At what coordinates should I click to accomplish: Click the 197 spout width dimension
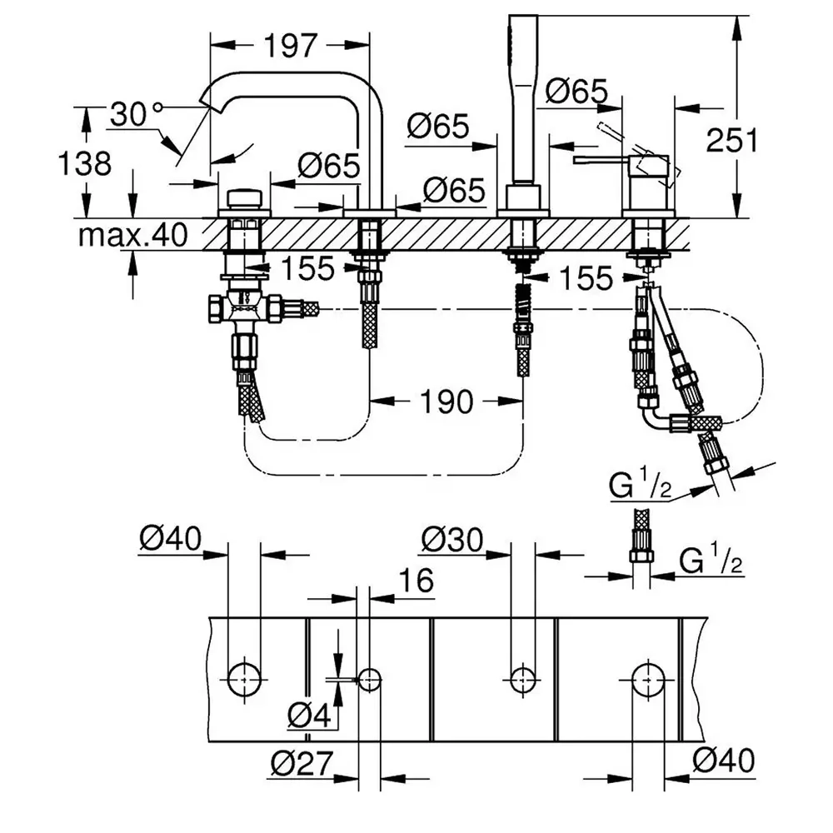coord(291,46)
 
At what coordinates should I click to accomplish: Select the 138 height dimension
coord(84,163)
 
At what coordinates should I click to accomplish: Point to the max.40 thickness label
coord(132,234)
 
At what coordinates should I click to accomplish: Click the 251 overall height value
coord(731,140)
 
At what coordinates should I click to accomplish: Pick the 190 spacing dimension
coord(446,402)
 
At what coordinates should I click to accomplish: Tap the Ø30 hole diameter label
coord(452,540)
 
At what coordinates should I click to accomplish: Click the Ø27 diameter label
coord(302,763)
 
